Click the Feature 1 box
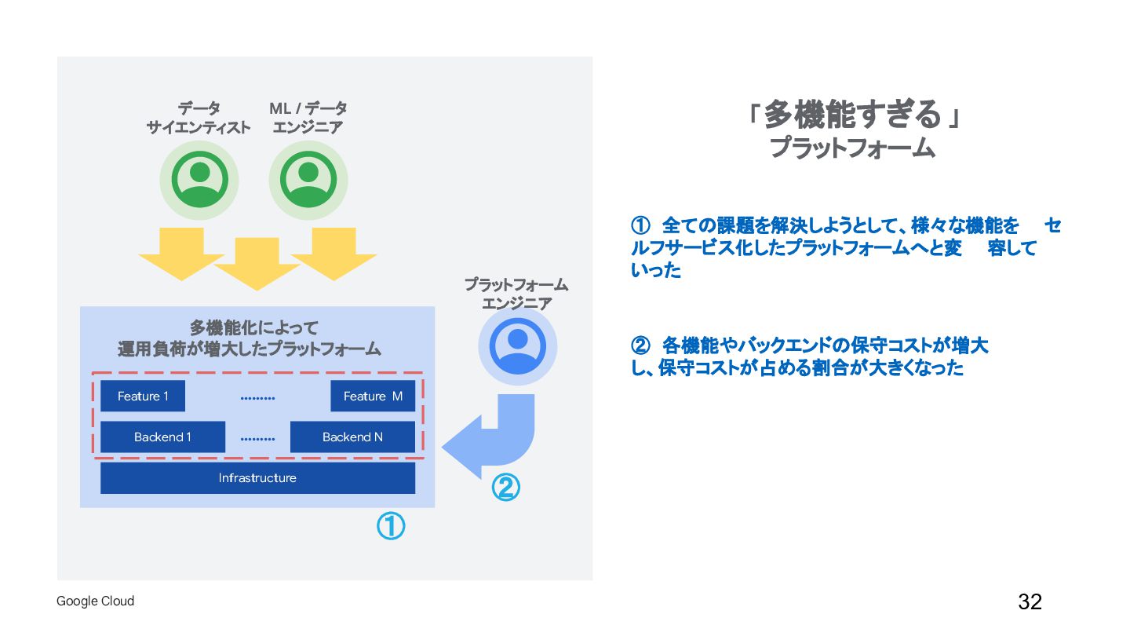(x=143, y=397)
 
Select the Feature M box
(x=373, y=397)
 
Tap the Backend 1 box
(x=162, y=437)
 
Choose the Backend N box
(x=352, y=437)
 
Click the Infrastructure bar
(x=257, y=478)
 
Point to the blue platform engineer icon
(x=517, y=346)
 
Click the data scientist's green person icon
(x=199, y=180)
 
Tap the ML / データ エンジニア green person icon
(x=308, y=180)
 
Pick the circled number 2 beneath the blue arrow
(x=505, y=488)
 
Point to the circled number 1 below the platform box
(x=391, y=526)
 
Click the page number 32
(x=1030, y=602)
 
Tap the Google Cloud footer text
(x=96, y=601)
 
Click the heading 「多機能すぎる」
(x=852, y=115)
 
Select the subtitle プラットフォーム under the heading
(x=852, y=148)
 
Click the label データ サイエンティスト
(x=199, y=118)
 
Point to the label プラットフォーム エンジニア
(x=516, y=294)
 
